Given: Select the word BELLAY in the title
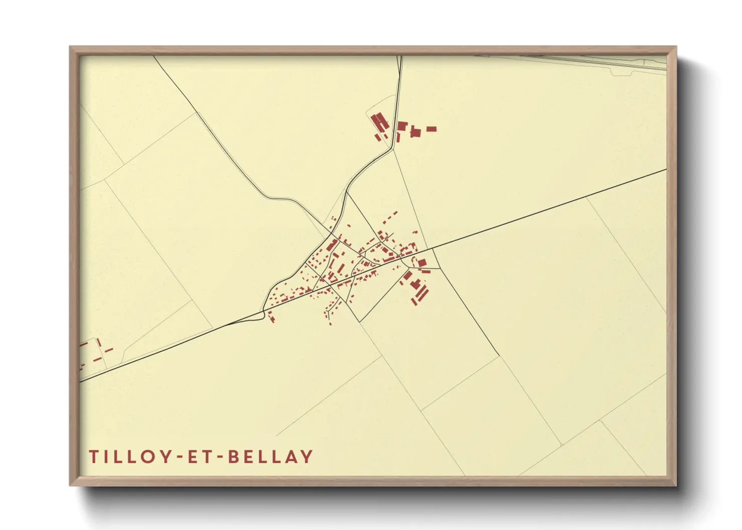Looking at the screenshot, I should tap(271, 457).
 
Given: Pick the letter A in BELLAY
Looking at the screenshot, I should tap(290, 457).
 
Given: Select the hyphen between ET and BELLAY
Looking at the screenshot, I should tap(219, 457).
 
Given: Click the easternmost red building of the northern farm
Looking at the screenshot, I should tap(431, 129).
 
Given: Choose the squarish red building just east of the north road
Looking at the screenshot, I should tap(402, 125).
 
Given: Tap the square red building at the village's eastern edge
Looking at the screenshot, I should tap(422, 262).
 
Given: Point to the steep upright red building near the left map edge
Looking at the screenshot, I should tap(99, 343).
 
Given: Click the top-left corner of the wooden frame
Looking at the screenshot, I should tap(70, 47).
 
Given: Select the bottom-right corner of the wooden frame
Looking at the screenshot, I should tap(676, 485).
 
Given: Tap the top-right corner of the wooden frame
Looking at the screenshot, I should tap(676, 47).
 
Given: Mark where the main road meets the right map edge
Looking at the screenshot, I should tap(666, 170).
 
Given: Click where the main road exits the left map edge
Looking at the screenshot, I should tap(80, 382).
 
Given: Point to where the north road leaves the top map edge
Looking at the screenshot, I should tap(400, 56).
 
